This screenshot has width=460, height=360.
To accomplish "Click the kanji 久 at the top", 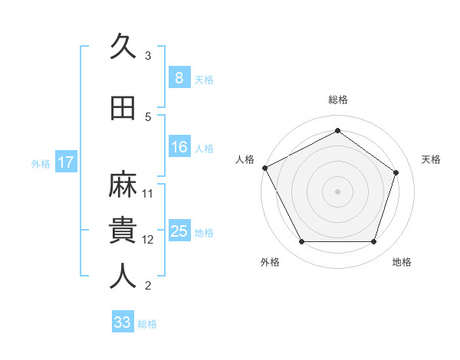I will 123,47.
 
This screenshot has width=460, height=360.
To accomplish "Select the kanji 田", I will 123,108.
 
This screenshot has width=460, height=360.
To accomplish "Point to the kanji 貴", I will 123,230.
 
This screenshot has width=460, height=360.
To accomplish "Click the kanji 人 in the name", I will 123,277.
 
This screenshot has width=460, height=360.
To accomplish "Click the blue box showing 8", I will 179,78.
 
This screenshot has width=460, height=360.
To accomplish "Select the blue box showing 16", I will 179,147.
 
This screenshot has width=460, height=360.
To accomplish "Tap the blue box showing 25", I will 179,231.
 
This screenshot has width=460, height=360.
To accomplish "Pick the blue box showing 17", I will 66,162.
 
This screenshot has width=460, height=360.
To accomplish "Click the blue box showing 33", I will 123,322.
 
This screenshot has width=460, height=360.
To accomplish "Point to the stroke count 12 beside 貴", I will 148,240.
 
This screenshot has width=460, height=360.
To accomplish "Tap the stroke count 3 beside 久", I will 148,56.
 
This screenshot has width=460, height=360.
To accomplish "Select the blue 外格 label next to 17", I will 41,163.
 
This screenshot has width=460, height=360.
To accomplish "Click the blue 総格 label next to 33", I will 147,323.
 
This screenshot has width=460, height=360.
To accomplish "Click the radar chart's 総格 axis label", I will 337,100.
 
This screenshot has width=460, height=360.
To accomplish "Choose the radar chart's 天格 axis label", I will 431,159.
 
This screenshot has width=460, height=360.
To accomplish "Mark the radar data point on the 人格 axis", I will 264,168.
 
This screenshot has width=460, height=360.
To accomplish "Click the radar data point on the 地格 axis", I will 373,242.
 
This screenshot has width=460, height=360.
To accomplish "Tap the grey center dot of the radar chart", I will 337,191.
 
